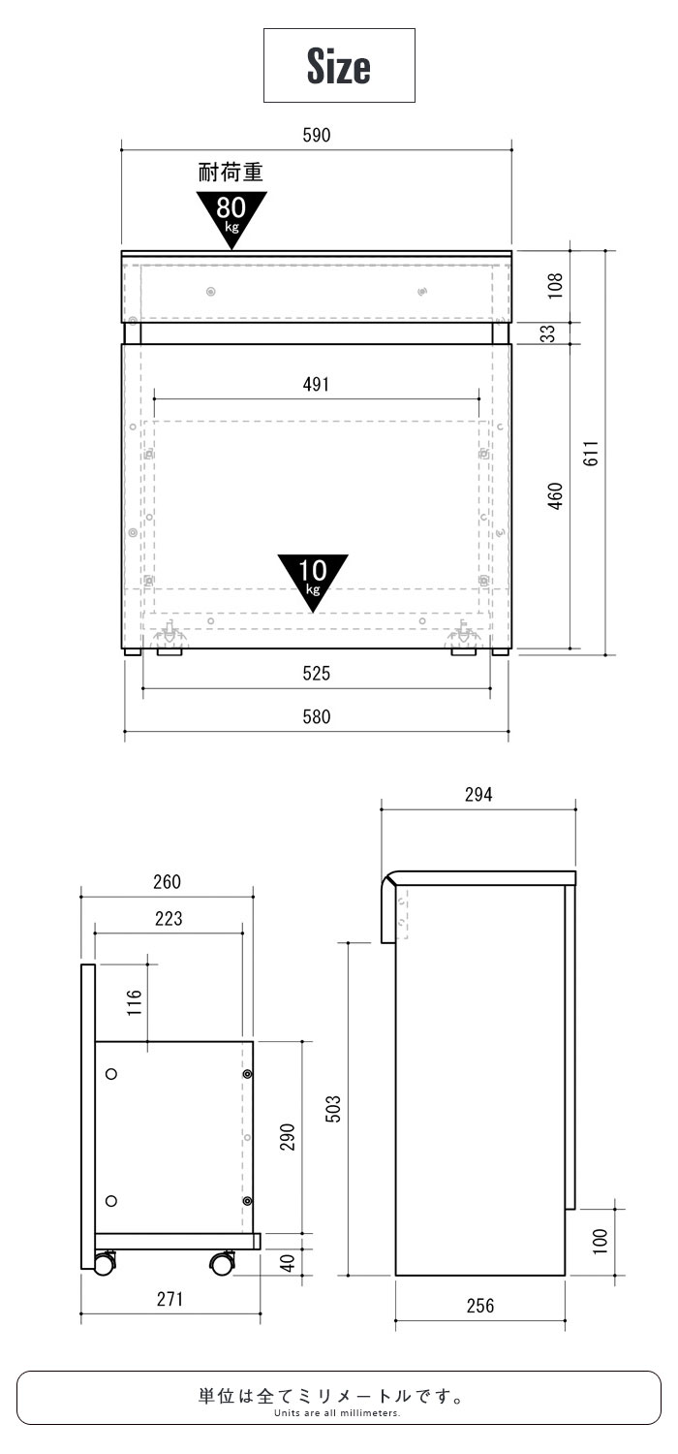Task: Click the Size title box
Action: (339, 66)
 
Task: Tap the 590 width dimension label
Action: (317, 135)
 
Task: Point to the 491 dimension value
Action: (316, 384)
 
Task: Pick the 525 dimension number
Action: (317, 673)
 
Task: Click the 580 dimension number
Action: (317, 716)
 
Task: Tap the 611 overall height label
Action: (591, 453)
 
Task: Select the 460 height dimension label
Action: (555, 496)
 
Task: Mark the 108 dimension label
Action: (555, 286)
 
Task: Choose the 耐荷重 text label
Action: (231, 172)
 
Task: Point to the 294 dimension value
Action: (478, 795)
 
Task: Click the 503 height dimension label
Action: (333, 1109)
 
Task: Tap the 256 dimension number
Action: (480, 1306)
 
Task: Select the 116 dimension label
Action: (135, 1003)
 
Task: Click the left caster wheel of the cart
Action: (104, 1264)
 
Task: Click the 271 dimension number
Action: (169, 1298)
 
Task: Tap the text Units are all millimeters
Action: (337, 1412)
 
